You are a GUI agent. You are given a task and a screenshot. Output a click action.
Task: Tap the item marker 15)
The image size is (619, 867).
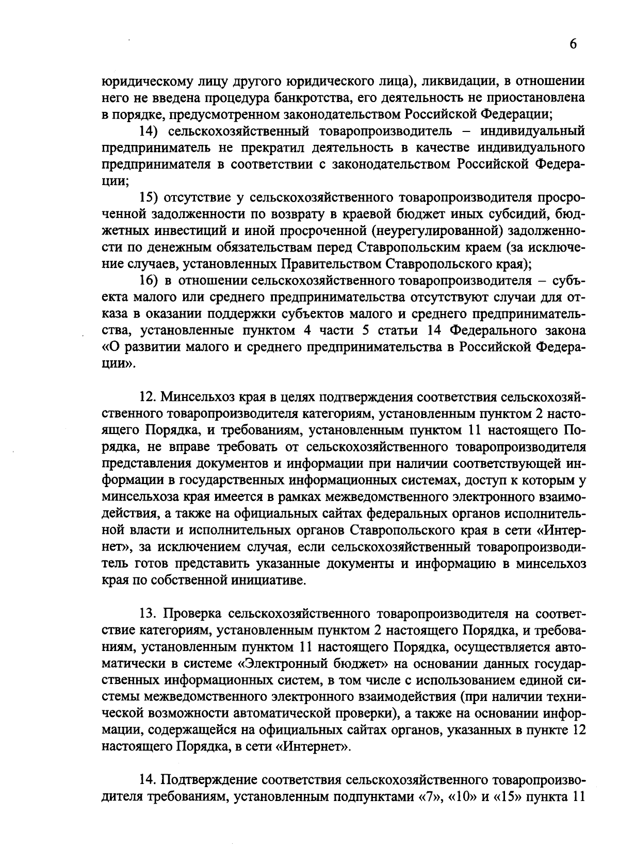(x=150, y=198)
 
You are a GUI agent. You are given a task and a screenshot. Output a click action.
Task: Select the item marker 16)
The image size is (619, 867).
(x=150, y=281)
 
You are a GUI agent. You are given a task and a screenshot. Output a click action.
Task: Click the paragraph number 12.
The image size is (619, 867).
(x=148, y=397)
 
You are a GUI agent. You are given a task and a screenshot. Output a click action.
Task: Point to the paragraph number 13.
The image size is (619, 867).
(x=148, y=613)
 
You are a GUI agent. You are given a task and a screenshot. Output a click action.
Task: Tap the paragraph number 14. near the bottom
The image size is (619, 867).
(x=148, y=779)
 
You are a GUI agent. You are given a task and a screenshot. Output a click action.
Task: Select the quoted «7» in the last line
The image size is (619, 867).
(x=428, y=796)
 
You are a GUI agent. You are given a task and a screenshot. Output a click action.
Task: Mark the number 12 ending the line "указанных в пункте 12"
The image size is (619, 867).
(x=578, y=730)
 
